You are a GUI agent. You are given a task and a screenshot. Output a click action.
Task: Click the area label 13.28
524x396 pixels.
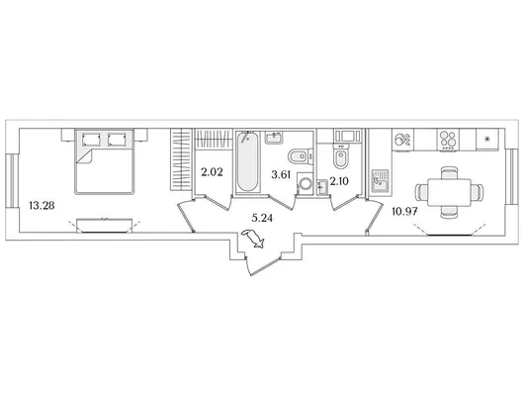(42, 205)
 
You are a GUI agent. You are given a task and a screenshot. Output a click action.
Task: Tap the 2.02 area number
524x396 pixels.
(212, 172)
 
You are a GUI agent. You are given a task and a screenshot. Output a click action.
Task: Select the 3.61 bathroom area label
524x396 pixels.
(281, 175)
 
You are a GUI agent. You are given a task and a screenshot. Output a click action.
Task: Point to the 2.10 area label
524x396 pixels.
(339, 181)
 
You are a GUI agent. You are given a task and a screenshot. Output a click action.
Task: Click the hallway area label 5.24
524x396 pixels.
(262, 218)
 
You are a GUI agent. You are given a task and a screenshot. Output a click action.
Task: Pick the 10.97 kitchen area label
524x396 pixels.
(404, 211)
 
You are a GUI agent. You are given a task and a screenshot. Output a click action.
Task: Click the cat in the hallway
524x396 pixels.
(254, 239)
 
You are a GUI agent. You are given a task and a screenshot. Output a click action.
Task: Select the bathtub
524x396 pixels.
(247, 162)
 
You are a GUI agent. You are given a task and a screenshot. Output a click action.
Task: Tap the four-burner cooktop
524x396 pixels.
(448, 140)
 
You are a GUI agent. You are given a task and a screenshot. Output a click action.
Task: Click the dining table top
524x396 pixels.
(449, 192)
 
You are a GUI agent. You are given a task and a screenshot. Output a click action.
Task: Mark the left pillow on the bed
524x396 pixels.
(91, 140)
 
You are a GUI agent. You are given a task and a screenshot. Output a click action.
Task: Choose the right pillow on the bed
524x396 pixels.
(117, 140)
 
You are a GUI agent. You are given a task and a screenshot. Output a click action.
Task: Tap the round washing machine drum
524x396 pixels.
(305, 183)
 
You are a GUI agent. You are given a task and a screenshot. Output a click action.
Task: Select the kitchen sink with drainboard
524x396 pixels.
(381, 181)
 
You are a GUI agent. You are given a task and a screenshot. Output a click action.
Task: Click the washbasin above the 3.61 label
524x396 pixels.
(274, 137)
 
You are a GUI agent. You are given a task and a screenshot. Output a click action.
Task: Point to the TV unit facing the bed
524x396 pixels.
(105, 226)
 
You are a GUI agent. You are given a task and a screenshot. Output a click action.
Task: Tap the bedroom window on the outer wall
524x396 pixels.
(10, 181)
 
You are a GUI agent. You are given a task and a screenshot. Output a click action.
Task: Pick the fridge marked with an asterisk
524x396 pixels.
(487, 140)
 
